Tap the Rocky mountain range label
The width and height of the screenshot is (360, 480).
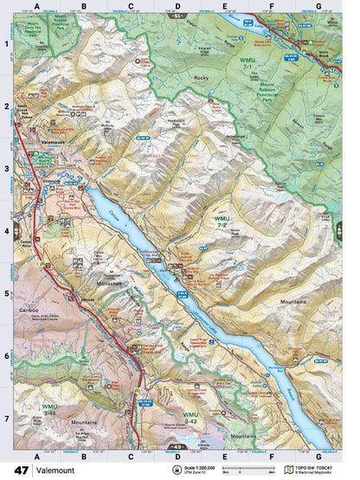[x=202, y=78]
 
